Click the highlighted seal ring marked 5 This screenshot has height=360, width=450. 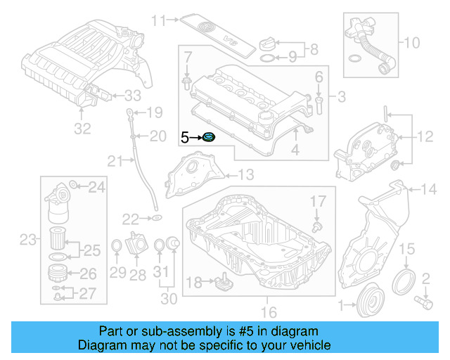point(209,136)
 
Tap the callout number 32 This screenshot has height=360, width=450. point(82,129)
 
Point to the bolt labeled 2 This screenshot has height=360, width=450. point(423,302)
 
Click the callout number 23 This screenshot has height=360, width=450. point(27,240)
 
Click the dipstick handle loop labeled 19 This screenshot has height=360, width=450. point(129,112)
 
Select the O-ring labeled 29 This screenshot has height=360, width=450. point(117,246)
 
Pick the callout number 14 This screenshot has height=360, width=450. point(428,188)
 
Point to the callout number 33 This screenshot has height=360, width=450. point(132,95)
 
